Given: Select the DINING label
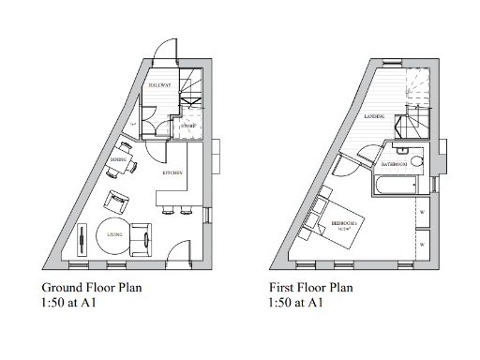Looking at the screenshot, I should pyautogui.click(x=117, y=160).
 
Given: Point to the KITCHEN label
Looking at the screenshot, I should pyautogui.click(x=172, y=173).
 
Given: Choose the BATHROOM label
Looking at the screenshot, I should pyautogui.click(x=394, y=164).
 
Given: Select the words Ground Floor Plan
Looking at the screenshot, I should pyautogui.click(x=91, y=287).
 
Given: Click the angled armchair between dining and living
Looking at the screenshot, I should pyautogui.click(x=118, y=200).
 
